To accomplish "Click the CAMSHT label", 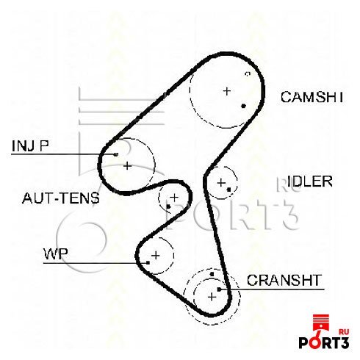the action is [312, 97].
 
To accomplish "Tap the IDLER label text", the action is [310, 181].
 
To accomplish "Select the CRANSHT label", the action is [284, 280].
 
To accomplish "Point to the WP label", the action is [55, 253].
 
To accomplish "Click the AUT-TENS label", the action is [61, 198].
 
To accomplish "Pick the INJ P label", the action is [30, 145].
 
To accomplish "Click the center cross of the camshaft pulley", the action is [227, 91].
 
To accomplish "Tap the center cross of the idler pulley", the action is [221, 183].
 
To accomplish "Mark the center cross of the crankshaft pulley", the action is [212, 297].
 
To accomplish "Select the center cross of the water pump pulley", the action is [156, 256].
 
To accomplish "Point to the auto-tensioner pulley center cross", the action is [174, 198].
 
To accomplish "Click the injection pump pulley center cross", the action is [127, 166].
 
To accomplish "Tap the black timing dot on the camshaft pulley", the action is [243, 106].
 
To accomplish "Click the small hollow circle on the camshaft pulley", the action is [248, 73].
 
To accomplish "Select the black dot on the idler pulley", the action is [228, 190].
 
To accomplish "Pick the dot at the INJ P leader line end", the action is [116, 154].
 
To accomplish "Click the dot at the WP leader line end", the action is [148, 263].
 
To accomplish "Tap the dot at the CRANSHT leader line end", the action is [219, 289].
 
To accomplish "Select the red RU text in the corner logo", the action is [344, 332].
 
